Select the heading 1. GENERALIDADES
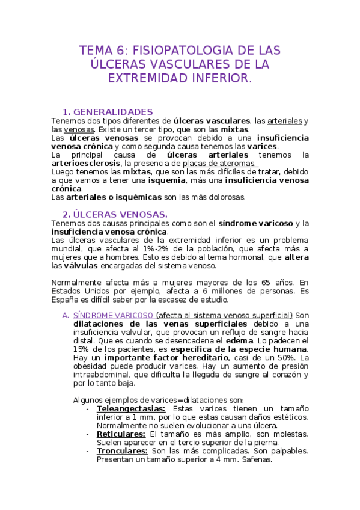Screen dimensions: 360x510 click(108, 112)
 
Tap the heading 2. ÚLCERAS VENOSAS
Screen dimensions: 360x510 click(115, 214)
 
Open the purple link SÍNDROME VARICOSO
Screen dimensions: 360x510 click(112, 316)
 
